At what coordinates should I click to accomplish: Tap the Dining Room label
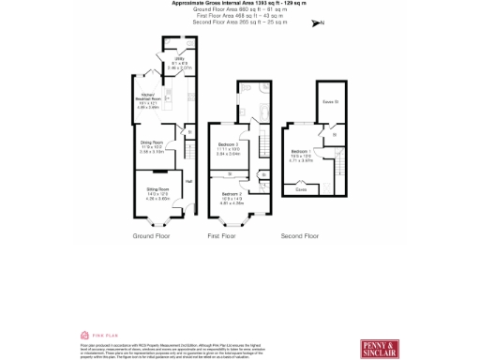(152, 144)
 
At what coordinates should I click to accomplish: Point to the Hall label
(188, 181)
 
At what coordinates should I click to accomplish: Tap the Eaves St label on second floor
(329, 102)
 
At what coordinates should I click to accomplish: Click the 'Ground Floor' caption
(151, 235)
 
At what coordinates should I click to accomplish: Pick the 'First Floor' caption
(220, 235)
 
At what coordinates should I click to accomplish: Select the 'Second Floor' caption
(300, 235)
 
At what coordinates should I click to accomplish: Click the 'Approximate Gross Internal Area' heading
(239, 4)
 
